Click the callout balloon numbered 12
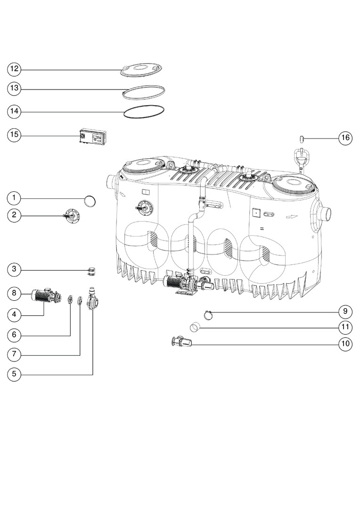pos(14,69)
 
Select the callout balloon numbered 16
pos(345,138)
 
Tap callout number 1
pos(14,197)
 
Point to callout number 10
pos(345,344)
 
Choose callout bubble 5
pos(14,374)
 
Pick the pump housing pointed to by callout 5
pos(91,300)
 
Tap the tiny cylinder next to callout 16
pos(301,139)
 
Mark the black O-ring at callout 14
pos(144,112)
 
